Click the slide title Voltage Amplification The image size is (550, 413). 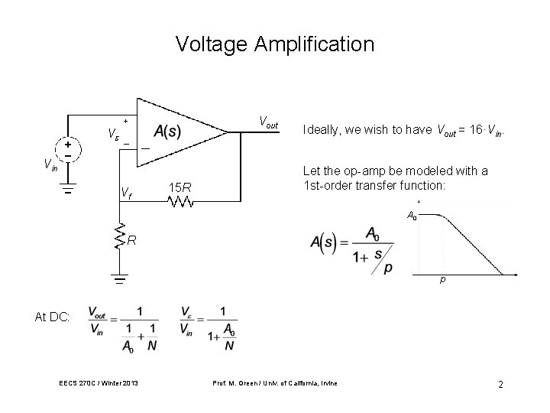(275, 44)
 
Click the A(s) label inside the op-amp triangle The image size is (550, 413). (167, 131)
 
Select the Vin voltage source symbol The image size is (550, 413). (67, 148)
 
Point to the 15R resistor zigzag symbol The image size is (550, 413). (181, 203)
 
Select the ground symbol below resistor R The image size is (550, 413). (119, 278)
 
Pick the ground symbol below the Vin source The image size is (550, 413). (67, 191)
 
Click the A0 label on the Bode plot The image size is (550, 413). (412, 216)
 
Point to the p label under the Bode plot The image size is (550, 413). (442, 281)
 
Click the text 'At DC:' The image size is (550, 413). (53, 317)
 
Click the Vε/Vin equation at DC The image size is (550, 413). (208, 329)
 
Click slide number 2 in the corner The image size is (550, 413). (500, 384)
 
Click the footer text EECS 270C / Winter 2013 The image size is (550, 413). (96, 382)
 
